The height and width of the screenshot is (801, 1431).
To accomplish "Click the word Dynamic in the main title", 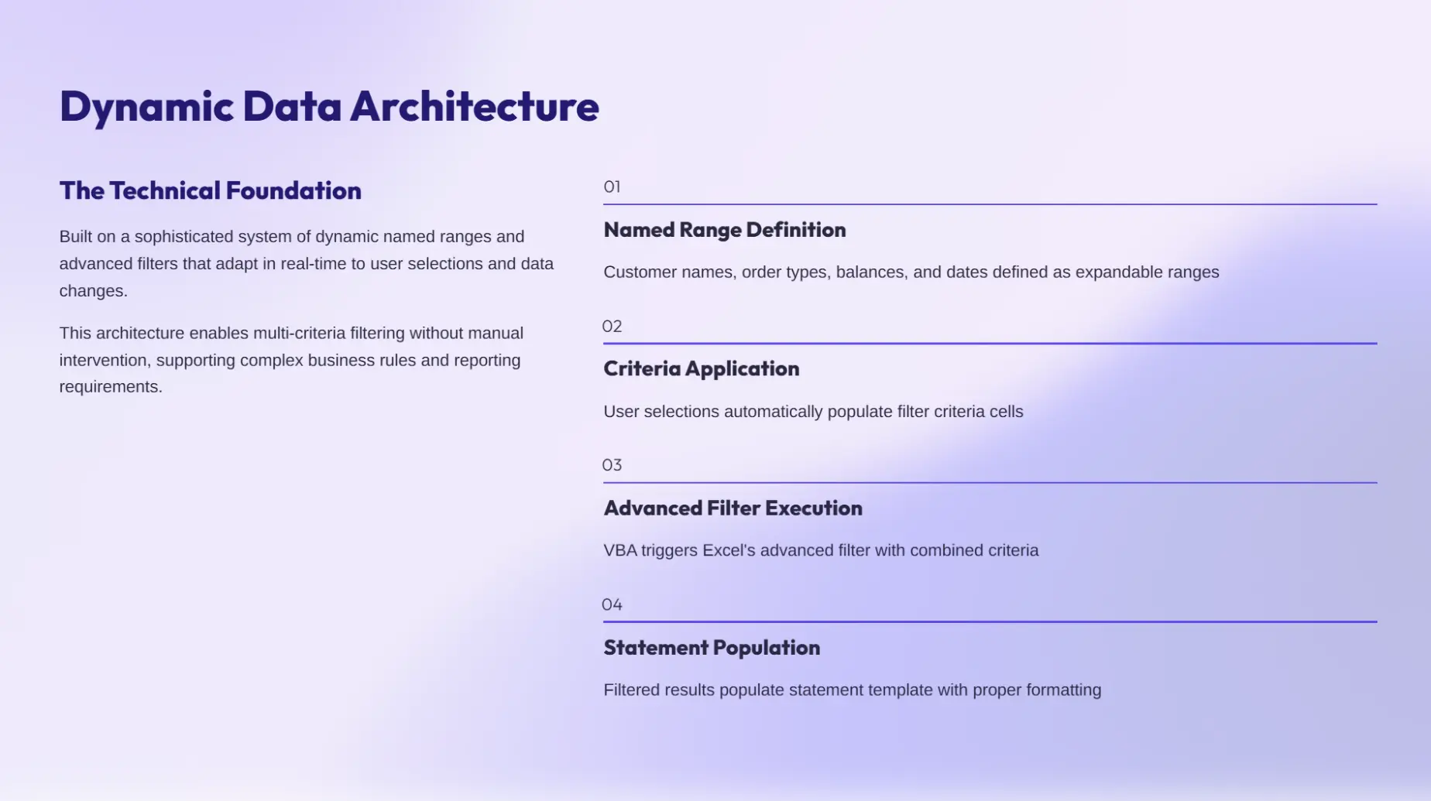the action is point(146,107).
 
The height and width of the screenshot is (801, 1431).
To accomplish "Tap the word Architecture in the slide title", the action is point(475,105).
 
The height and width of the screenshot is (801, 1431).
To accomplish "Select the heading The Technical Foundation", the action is point(211,190).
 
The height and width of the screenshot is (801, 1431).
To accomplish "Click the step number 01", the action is point(612,187).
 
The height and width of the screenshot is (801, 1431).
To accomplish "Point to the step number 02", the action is point(612,326).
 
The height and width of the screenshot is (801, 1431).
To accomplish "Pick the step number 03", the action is point(612,465).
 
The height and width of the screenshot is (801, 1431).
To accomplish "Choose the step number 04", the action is point(612,604).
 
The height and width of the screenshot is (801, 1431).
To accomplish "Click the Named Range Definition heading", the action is point(725,230).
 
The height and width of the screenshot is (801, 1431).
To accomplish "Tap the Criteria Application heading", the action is point(702,368).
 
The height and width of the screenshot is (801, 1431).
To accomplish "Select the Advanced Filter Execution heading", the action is point(733,508).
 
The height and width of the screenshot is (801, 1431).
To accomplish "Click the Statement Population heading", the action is point(712,647).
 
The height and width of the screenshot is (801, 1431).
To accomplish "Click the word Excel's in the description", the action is point(729,550).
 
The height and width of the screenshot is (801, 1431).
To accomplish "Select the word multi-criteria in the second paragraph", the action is point(299,334).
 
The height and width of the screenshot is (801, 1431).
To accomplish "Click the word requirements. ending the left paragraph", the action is point(111,387).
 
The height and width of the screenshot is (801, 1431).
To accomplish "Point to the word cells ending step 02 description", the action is point(1006,412).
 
